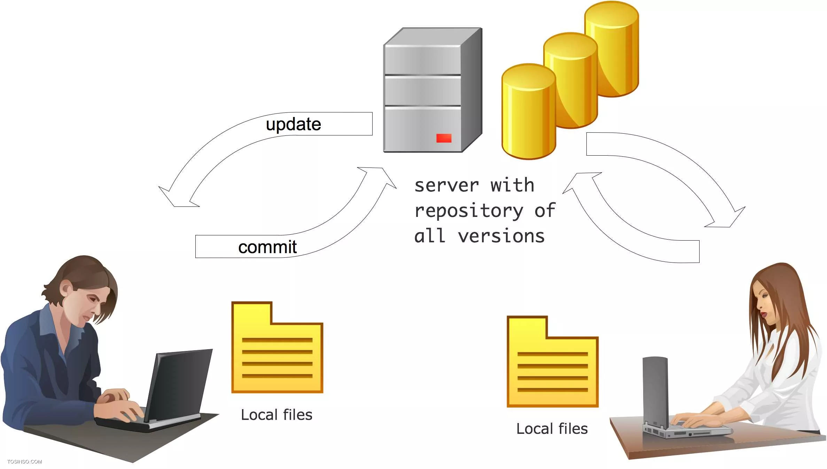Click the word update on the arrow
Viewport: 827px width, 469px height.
(x=293, y=125)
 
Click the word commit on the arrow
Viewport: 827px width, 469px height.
(x=267, y=247)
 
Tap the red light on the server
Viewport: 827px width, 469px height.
(x=444, y=138)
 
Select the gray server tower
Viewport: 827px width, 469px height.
(x=433, y=90)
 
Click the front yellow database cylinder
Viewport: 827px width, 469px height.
(x=529, y=111)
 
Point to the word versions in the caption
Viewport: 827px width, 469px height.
(x=501, y=236)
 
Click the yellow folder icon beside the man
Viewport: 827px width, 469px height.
(x=277, y=347)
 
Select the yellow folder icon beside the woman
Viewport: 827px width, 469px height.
(x=553, y=361)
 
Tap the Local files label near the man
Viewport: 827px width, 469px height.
(x=276, y=415)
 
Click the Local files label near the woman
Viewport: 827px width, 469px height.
(x=552, y=429)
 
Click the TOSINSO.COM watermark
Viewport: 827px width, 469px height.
(x=25, y=462)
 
